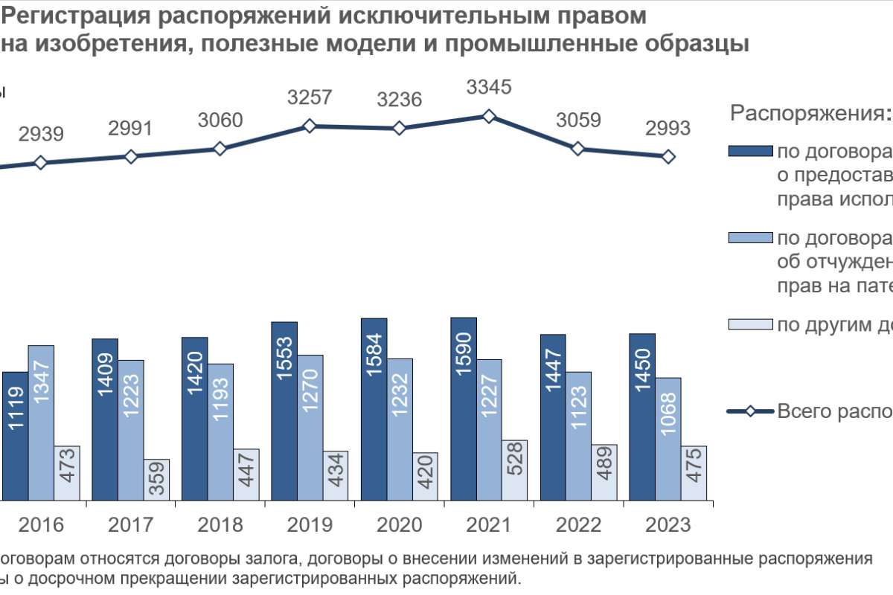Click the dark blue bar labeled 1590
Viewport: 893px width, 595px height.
coord(463,408)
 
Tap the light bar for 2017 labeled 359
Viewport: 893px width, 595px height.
coord(156,479)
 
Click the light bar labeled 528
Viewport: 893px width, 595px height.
coord(514,469)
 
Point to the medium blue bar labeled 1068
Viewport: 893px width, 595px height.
coord(668,438)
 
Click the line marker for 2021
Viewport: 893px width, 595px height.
coord(489,116)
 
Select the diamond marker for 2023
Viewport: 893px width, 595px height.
coord(668,156)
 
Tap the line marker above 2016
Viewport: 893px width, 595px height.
coord(41,163)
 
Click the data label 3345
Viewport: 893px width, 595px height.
coord(489,87)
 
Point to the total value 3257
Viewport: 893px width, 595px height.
coord(310,97)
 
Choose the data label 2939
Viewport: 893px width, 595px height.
coord(41,135)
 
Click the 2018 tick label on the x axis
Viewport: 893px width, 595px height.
coord(220,525)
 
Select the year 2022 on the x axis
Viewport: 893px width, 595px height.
coord(578,525)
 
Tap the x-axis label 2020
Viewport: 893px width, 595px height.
coord(399,525)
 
